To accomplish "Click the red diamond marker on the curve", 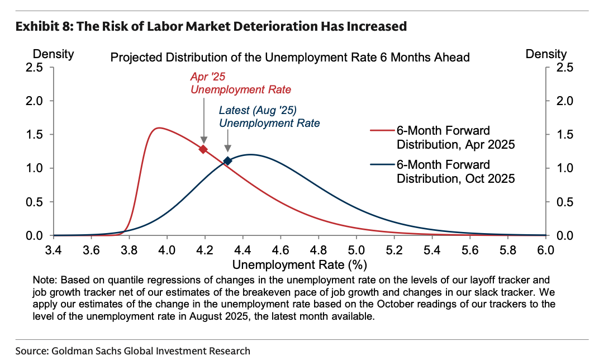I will point(203,149).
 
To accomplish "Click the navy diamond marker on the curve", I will point(227,161).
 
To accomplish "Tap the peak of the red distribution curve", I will point(159,128).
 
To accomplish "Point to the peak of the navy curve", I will point(249,154).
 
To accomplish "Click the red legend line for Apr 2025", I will point(382,130).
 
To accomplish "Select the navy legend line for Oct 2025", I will point(382,165).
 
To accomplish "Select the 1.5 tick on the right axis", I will point(560,135).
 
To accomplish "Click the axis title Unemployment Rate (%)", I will point(299,263).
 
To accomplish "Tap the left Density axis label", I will point(54,54).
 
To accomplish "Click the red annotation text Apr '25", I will point(208,77).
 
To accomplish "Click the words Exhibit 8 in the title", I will point(40,26).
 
